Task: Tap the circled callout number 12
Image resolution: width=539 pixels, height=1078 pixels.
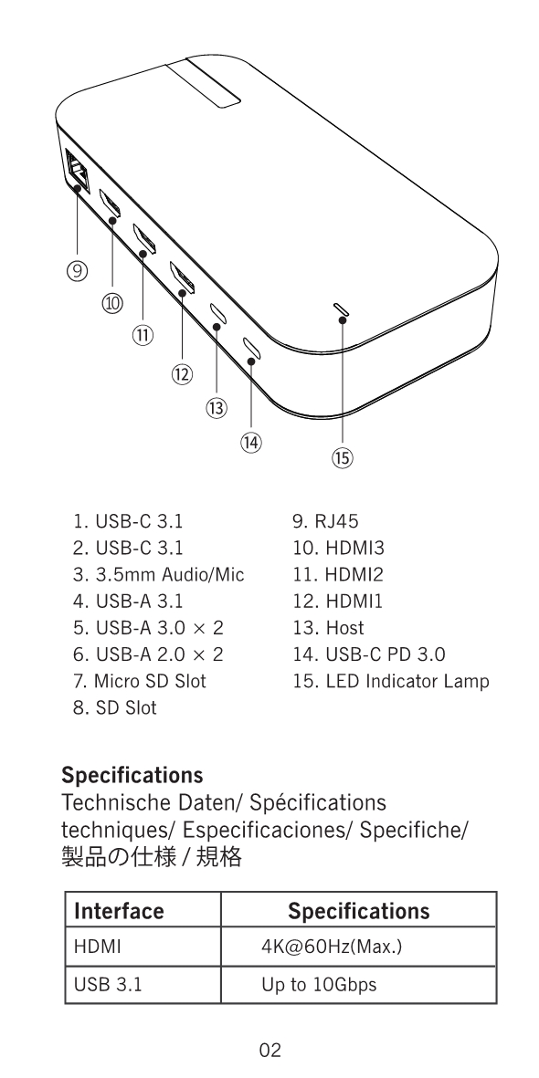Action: [x=182, y=374]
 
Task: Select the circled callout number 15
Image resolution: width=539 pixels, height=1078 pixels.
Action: [x=342, y=458]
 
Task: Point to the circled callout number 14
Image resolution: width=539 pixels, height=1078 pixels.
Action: [x=251, y=442]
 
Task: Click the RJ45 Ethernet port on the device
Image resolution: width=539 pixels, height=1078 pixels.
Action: [x=75, y=169]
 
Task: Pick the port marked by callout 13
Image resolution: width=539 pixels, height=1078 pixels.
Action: [x=217, y=313]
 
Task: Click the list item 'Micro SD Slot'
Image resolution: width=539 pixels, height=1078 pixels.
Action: [x=139, y=681]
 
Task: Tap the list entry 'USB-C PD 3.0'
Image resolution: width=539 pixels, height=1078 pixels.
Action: [x=369, y=654]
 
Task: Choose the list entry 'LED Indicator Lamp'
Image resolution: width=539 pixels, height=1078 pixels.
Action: [x=391, y=681]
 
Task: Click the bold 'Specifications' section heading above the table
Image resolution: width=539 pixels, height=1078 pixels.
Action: [x=132, y=775]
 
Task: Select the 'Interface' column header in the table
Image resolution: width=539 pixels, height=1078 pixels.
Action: [x=119, y=911]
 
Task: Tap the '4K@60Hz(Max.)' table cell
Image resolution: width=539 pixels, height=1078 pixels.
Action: [x=331, y=947]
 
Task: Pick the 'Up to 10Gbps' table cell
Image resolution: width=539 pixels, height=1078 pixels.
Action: [x=319, y=985]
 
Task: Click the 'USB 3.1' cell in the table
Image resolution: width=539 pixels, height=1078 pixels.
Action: [x=108, y=985]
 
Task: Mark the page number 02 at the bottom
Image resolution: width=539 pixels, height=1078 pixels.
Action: [x=269, y=1050]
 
